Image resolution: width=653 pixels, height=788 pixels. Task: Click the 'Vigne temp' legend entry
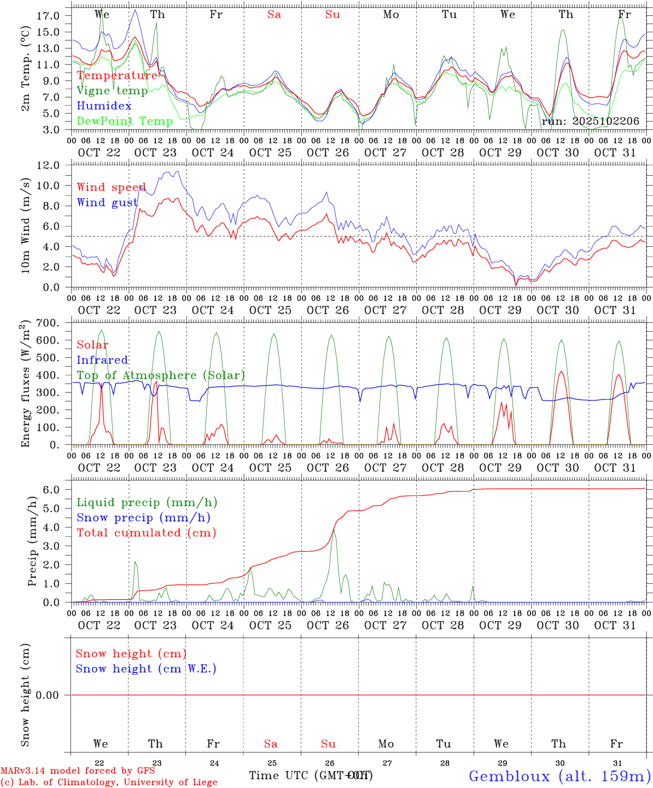pos(112,91)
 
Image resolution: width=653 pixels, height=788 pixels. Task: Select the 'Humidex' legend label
pos(104,106)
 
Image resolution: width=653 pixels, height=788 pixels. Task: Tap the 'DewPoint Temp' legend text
pos(125,121)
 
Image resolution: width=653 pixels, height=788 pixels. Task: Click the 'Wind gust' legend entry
pos(107,203)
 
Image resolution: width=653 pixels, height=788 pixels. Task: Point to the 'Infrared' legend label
pos(102,360)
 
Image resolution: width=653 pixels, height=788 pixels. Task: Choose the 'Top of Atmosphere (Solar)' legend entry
pos(161,375)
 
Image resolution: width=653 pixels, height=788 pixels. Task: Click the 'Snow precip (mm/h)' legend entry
pos(143,518)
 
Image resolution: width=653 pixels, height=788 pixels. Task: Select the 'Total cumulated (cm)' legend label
pos(146,533)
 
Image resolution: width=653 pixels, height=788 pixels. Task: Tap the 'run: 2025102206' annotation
pos(590,121)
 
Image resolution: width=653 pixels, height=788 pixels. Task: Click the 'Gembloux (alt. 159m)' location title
pos(559,776)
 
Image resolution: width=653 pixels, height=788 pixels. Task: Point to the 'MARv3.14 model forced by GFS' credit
pos(78,771)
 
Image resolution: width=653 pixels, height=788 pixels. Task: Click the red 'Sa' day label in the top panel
pos(274,15)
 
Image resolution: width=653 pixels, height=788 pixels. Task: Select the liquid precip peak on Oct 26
pos(334,529)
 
